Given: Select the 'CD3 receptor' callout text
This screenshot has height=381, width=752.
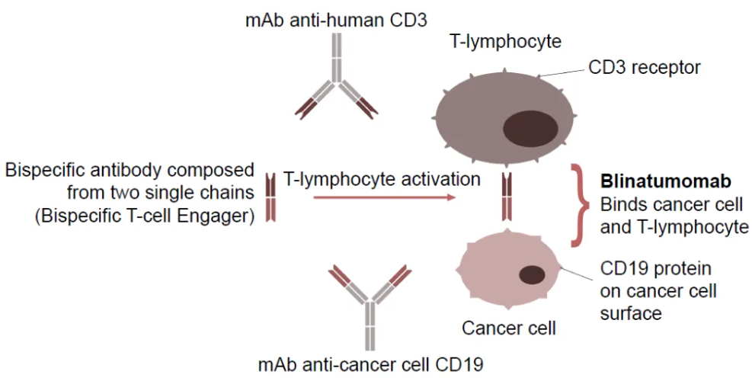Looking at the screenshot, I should point(644,68).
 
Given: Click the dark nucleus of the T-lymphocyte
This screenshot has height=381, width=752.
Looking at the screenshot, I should point(533,126).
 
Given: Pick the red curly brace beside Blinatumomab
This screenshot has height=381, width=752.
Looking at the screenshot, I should point(582,205).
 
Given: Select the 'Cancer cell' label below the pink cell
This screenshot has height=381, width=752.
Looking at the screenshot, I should point(509,329).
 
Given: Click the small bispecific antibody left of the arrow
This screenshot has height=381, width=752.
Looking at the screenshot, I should point(270,197).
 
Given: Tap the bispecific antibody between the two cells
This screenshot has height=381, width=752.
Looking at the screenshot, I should point(506,196).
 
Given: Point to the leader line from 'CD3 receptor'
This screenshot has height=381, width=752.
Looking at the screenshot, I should point(565,72).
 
